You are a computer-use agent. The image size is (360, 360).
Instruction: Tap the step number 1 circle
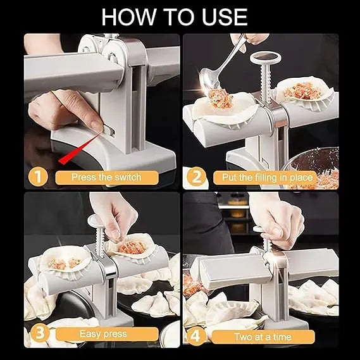pyautogui.click(x=39, y=177)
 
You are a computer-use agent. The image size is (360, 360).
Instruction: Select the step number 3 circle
pyautogui.click(x=39, y=333)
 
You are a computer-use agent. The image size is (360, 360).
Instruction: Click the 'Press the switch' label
pyautogui.click(x=106, y=178)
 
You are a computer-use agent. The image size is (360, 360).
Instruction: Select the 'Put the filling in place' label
pyautogui.click(x=263, y=178)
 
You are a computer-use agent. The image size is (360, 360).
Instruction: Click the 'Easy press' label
pyautogui.click(x=102, y=333)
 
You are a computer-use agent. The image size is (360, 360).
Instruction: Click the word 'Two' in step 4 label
pyautogui.click(x=244, y=337)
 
